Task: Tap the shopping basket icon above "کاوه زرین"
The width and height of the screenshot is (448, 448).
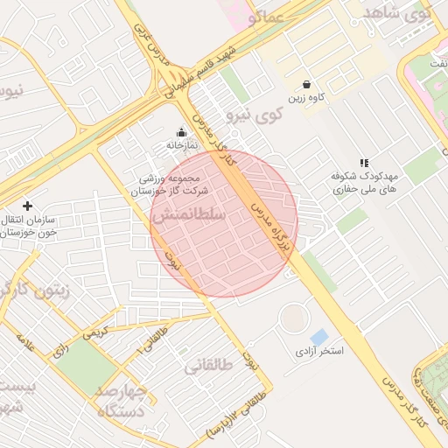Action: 306,85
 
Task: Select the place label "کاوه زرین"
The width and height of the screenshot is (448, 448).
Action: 306,99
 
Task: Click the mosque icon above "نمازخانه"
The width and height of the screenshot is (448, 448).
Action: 182,132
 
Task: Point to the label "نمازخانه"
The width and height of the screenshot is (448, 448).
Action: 182,144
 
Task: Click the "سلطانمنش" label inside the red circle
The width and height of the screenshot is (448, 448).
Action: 189,214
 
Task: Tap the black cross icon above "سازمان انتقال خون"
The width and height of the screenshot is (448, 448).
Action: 27,206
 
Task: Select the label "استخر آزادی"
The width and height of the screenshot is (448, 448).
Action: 319,351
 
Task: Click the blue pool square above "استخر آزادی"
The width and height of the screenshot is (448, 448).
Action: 319,337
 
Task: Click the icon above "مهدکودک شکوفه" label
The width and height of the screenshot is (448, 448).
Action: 364,163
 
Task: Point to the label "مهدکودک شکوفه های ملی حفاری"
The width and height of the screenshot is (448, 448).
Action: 364,182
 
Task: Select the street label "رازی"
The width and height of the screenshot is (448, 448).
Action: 62,348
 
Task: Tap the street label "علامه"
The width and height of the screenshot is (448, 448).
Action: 26,350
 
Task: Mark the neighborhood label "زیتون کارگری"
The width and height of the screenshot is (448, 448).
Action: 38,289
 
